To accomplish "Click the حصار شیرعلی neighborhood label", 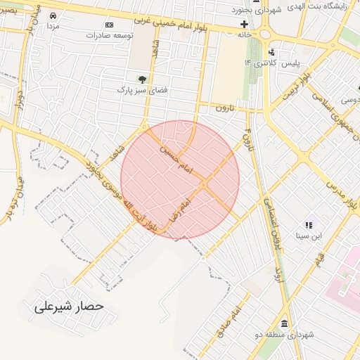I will [69, 307].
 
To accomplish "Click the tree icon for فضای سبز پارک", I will [143, 79].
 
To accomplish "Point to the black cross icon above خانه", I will [244, 25].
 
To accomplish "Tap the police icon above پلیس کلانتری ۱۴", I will [272, 53].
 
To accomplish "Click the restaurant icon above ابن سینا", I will [309, 225].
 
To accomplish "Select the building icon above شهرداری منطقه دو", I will [284, 323].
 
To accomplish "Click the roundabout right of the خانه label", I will [266, 33].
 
